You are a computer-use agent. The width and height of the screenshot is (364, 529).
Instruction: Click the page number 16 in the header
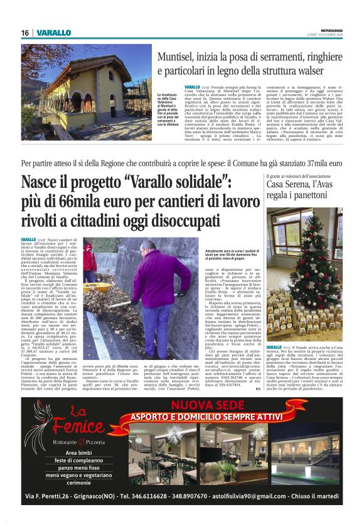click(25, 33)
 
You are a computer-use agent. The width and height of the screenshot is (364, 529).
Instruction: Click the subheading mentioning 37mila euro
click(182, 163)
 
